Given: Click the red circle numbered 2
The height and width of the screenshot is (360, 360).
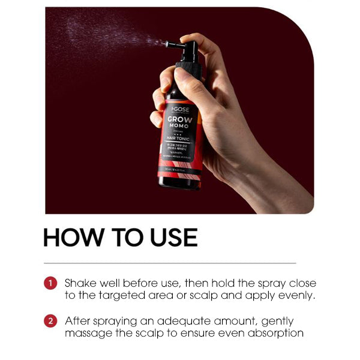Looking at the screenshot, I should tap(50, 321).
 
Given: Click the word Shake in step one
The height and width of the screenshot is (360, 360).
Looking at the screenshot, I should tap(79, 283).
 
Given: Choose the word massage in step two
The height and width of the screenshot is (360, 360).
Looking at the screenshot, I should tap(86, 334).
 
